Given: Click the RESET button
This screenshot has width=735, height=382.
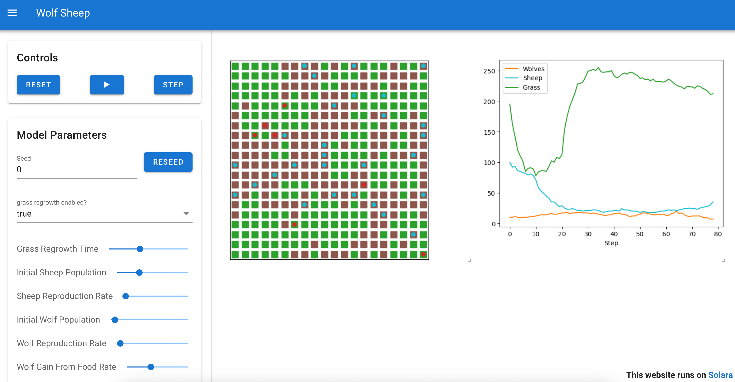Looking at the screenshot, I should pyautogui.click(x=38, y=85).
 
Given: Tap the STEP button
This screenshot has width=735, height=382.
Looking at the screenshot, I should pyautogui.click(x=173, y=85).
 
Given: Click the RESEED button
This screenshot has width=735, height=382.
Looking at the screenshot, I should pyautogui.click(x=168, y=162).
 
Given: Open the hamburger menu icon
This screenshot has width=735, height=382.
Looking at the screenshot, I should pyautogui.click(x=12, y=13).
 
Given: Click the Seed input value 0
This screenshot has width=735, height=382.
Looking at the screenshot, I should pyautogui.click(x=19, y=170).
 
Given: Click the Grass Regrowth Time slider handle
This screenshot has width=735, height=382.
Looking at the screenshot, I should pyautogui.click(x=140, y=249).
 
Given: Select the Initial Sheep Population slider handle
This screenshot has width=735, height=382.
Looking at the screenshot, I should pyautogui.click(x=139, y=273).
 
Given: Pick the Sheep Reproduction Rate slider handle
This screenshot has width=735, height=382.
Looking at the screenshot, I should pyautogui.click(x=126, y=296).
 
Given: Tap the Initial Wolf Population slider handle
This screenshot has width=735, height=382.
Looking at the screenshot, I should pyautogui.click(x=115, y=320).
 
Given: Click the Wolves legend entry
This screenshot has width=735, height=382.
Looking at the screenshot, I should pyautogui.click(x=533, y=69).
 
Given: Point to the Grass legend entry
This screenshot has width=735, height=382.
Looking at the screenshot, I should pyautogui.click(x=531, y=87).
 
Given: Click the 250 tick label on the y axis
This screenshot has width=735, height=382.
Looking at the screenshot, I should pyautogui.click(x=489, y=71).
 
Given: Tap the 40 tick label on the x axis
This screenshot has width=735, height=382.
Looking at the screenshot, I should pyautogui.click(x=614, y=234).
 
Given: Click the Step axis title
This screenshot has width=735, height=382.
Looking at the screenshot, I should pyautogui.click(x=611, y=243).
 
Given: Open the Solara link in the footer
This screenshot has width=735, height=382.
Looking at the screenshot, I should pyautogui.click(x=720, y=375).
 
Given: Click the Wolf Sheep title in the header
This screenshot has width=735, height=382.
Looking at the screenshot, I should pyautogui.click(x=63, y=13).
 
